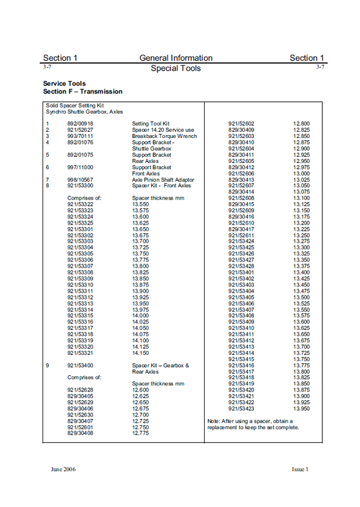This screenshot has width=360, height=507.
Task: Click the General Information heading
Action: (x=176, y=58)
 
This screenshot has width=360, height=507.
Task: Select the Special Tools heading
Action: (x=176, y=68)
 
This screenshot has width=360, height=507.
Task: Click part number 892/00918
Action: (x=80, y=124)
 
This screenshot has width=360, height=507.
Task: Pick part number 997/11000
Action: (x=80, y=167)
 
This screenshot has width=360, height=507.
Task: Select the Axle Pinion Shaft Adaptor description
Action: (x=163, y=179)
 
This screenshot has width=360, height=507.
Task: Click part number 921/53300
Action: (x=80, y=185)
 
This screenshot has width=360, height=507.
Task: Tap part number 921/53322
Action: (x=80, y=203)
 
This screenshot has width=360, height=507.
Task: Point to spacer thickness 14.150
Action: (x=140, y=352)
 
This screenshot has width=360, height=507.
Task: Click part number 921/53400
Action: (x=80, y=365)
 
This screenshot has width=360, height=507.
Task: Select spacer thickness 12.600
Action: (x=140, y=390)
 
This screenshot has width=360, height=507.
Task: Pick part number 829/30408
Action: (x=80, y=433)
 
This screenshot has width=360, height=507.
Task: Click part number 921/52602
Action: (x=241, y=124)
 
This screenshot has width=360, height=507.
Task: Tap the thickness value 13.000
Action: (x=301, y=173)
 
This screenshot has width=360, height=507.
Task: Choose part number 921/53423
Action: (x=241, y=408)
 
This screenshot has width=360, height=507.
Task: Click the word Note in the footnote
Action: (x=214, y=421)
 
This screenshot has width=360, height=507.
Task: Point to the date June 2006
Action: (x=66, y=469)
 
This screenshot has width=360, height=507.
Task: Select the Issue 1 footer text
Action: (x=299, y=469)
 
